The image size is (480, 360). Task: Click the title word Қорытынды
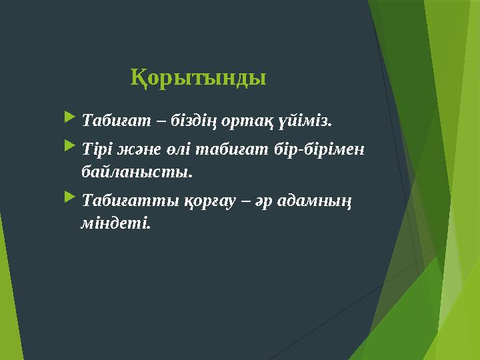coord(198,77)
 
